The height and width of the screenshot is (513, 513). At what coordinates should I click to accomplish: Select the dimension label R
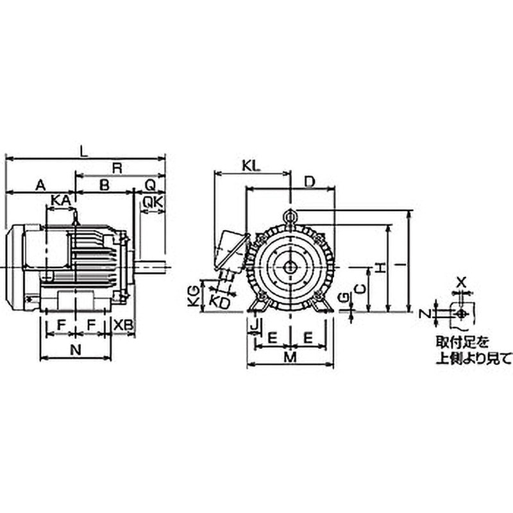(117, 167)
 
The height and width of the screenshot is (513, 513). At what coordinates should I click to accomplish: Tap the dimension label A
(40, 185)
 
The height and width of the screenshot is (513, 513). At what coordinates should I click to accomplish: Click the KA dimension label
(60, 201)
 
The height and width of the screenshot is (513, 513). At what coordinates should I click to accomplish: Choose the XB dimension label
(123, 326)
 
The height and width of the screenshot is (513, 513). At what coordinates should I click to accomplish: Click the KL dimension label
(252, 165)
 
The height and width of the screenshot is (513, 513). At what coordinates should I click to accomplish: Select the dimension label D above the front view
(308, 182)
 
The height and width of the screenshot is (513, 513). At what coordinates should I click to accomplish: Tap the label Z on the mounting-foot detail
(423, 314)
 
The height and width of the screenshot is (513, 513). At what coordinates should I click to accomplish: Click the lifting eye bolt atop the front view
(290, 218)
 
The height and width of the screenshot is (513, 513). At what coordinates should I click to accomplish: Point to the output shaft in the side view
(153, 265)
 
